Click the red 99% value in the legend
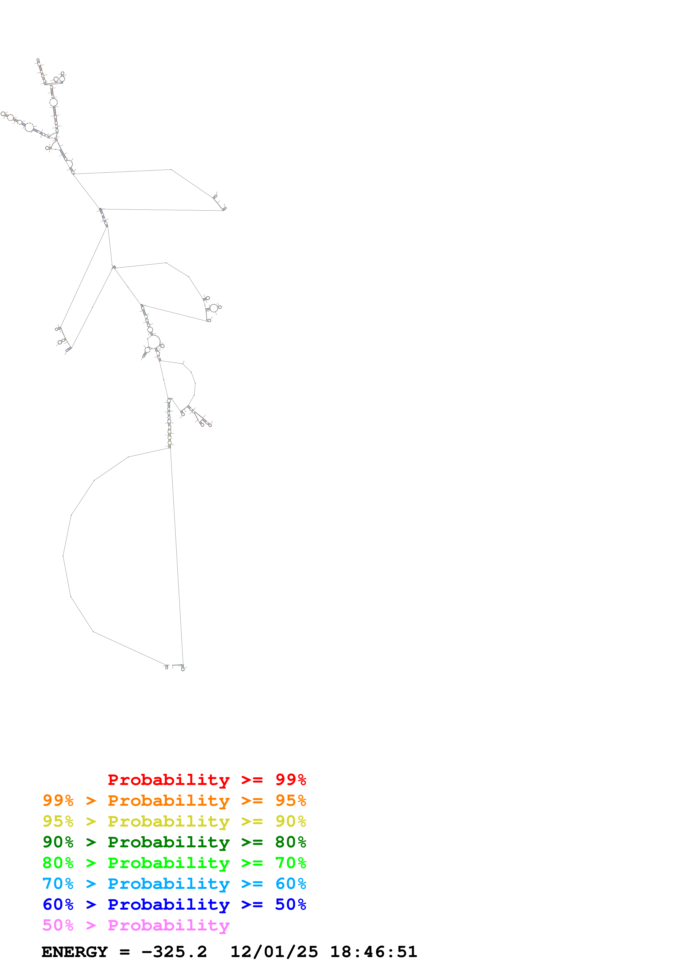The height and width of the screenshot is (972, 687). [x=290, y=779]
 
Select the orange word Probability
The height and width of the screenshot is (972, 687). [x=168, y=800]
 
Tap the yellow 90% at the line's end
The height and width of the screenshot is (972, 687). [x=290, y=821]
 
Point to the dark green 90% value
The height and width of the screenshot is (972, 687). [x=58, y=842]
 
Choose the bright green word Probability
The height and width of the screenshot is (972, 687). [x=168, y=863]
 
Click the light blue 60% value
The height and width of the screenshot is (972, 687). [x=290, y=884]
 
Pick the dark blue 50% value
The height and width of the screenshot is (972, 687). [x=290, y=904]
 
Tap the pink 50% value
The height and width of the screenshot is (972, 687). [x=58, y=925]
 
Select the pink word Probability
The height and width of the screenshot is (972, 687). [x=168, y=925]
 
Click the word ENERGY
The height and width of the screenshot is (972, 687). [x=75, y=952]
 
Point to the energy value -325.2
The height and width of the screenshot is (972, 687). [x=174, y=952]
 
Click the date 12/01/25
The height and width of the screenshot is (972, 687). [x=274, y=952]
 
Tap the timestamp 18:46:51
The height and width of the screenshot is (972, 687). [x=373, y=952]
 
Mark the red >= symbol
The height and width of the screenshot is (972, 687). [x=252, y=779]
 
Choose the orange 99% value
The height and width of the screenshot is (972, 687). [x=58, y=800]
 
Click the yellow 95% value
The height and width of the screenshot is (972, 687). [x=58, y=821]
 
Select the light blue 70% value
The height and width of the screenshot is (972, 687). [x=58, y=884]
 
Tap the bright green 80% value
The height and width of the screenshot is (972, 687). [x=58, y=863]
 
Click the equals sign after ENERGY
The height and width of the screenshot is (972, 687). [x=124, y=952]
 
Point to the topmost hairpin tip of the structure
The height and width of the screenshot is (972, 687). [x=38, y=60]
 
